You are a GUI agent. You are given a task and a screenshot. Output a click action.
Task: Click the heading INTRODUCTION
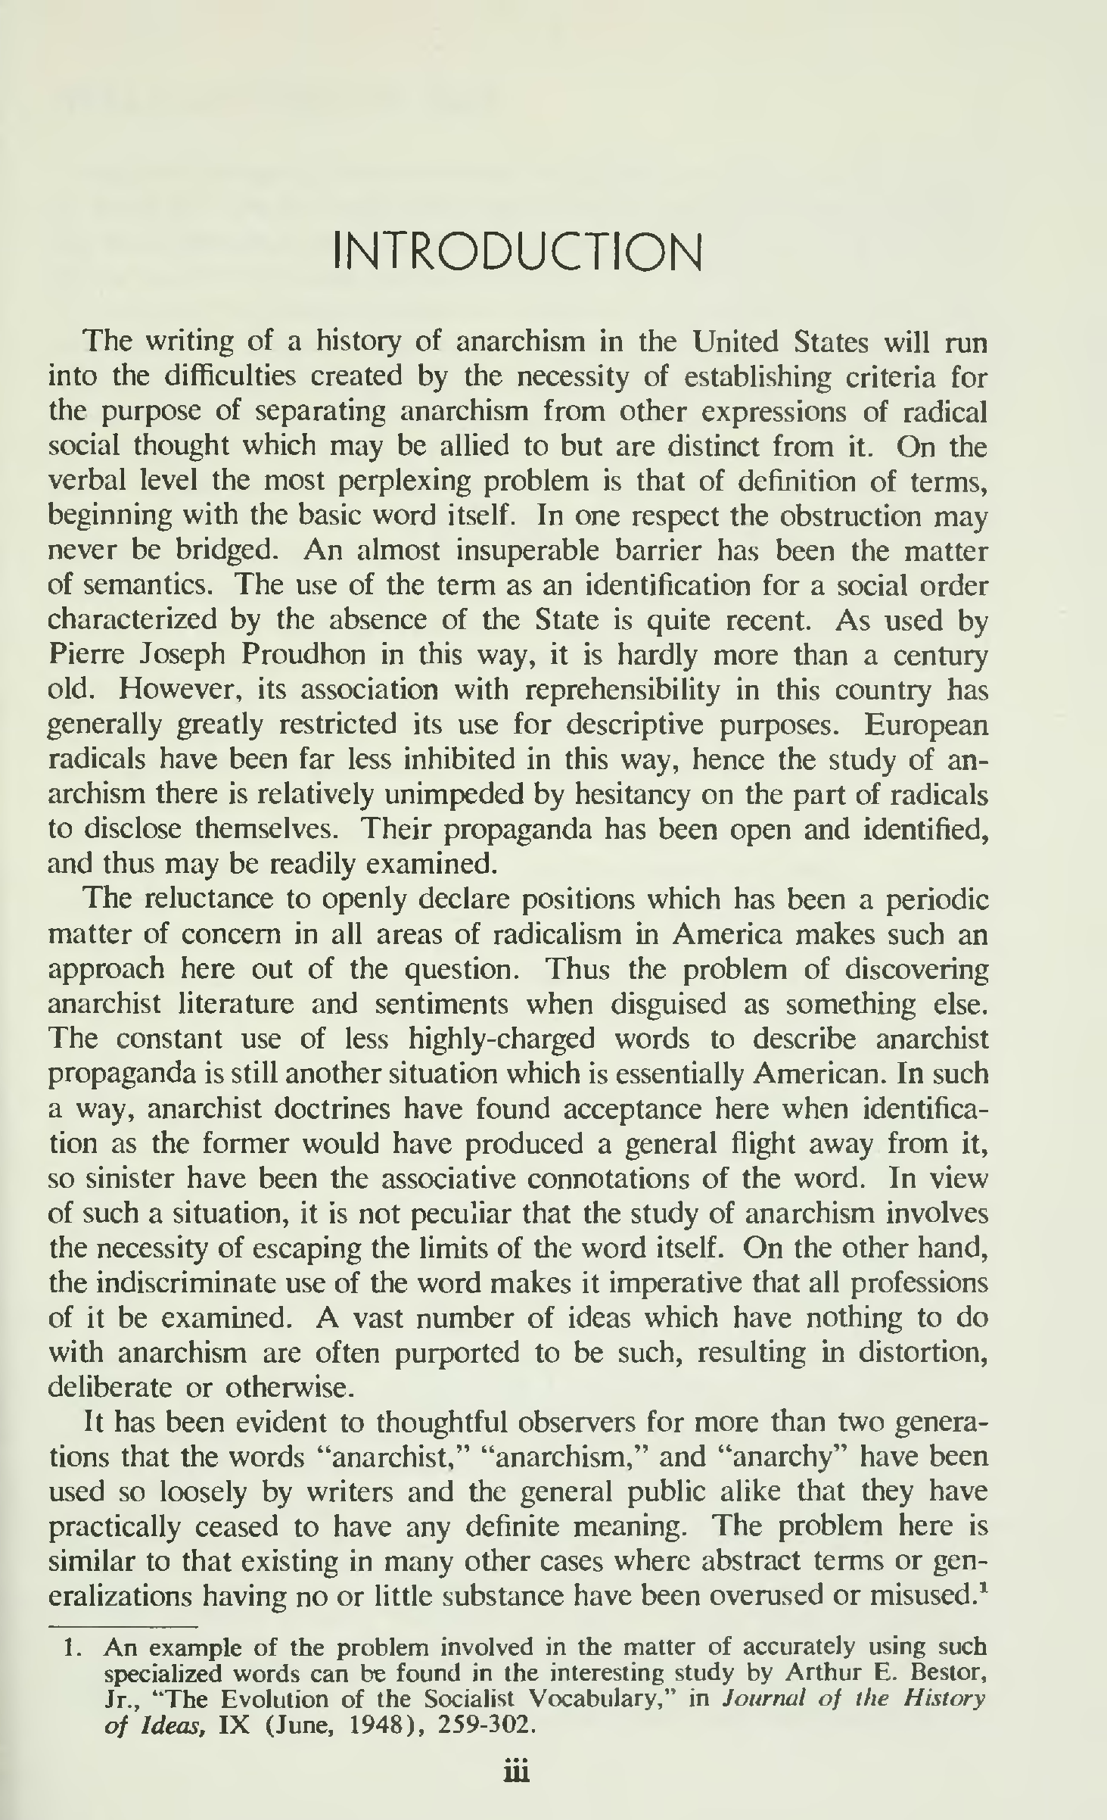tap(518, 254)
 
